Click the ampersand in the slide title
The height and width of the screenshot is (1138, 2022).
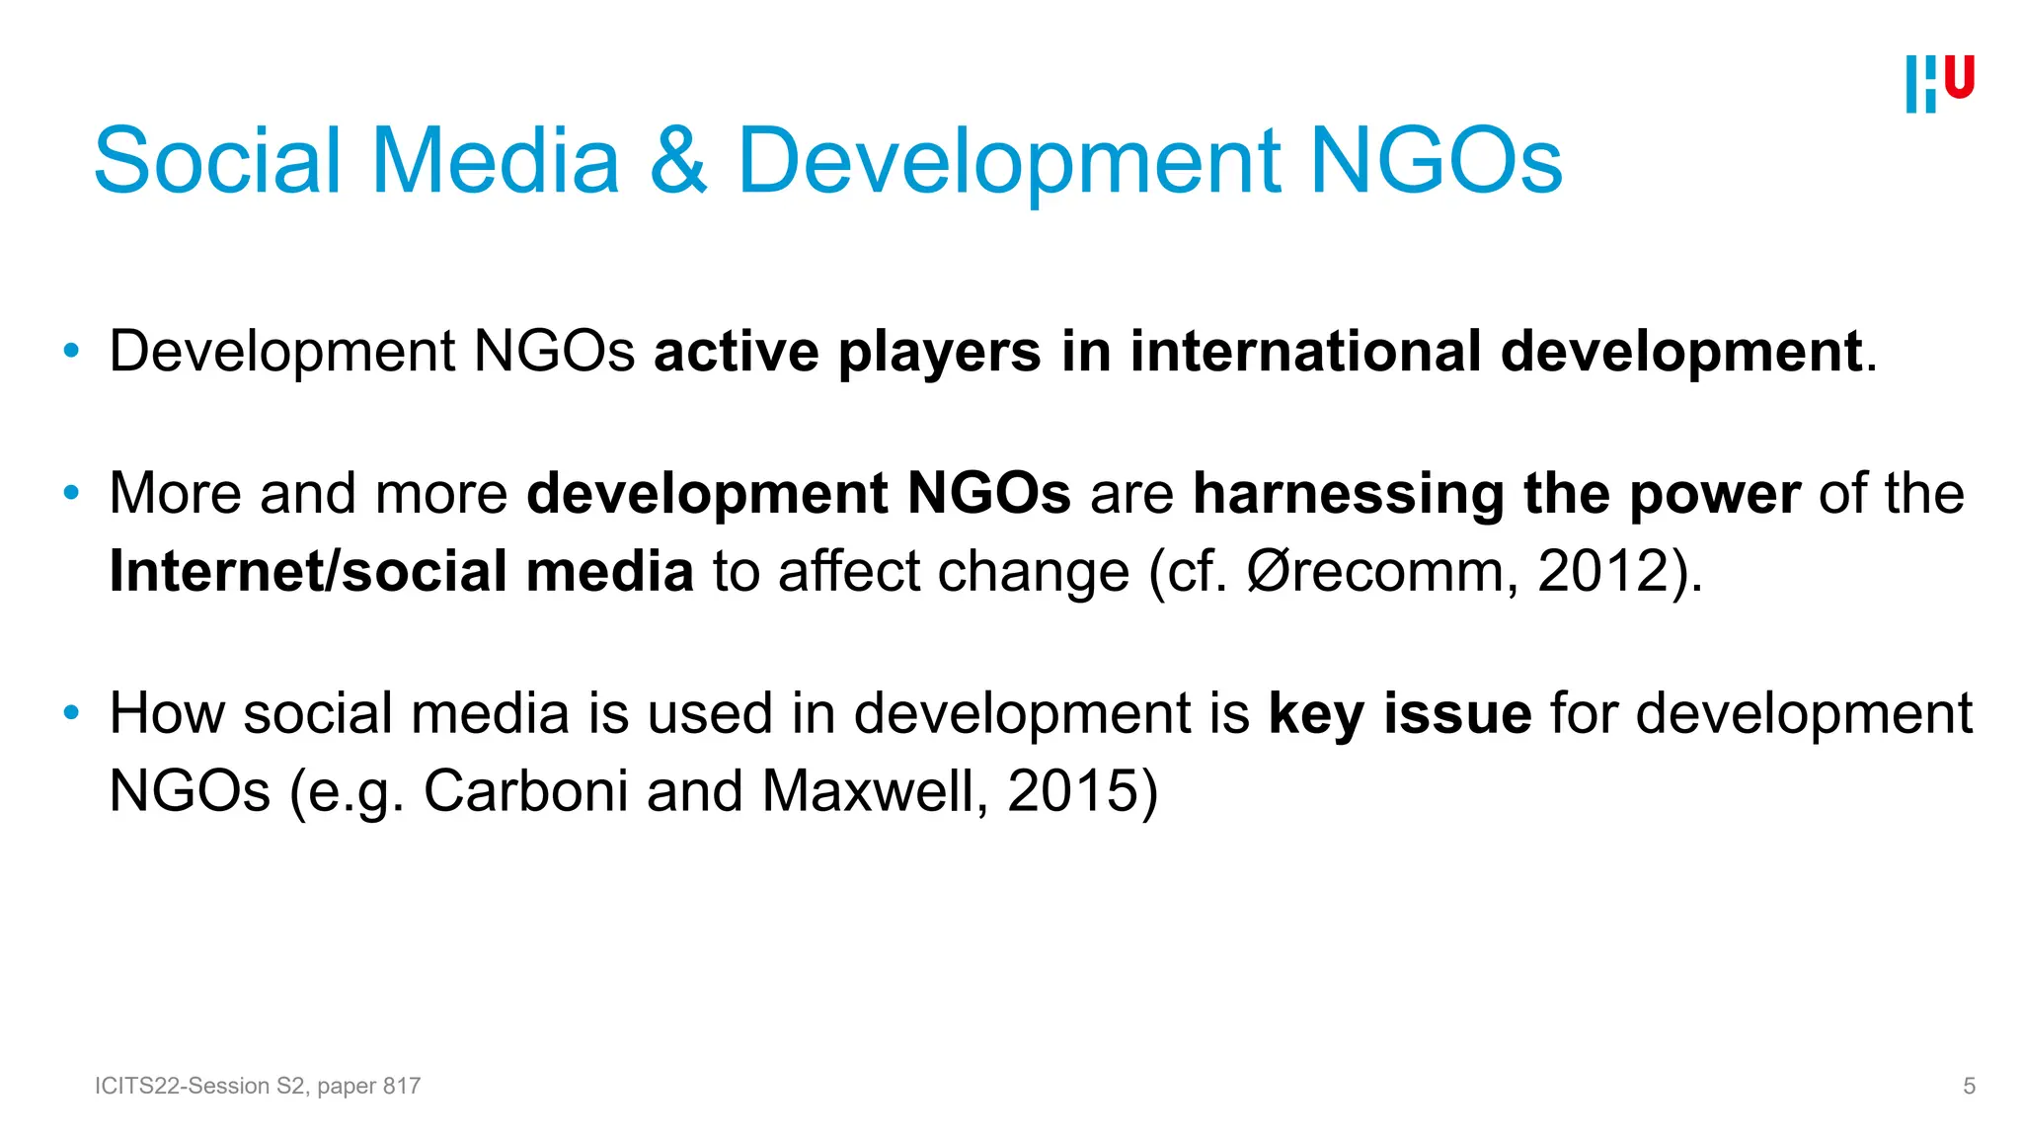678,161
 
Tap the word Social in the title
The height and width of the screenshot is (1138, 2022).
217,161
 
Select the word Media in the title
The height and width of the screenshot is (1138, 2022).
496,161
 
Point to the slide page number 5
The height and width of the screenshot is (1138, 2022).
1969,1086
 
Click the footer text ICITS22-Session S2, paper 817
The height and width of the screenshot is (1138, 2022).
258,1086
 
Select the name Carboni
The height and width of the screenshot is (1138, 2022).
525,791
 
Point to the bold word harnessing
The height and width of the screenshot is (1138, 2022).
1348,494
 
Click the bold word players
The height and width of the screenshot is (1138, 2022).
939,353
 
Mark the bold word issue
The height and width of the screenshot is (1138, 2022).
1457,714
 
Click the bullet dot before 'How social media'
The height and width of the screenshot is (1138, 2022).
70,712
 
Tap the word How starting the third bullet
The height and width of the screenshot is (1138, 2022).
167,714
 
